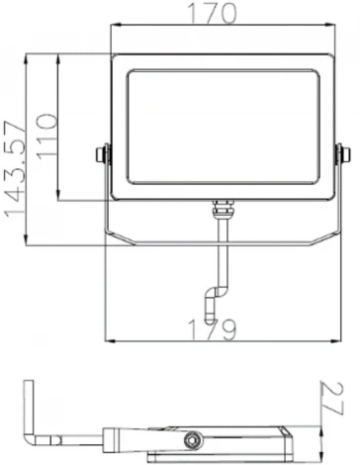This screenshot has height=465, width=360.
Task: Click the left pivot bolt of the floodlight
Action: click(x=102, y=154)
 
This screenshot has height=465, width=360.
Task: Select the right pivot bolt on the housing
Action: click(x=342, y=154)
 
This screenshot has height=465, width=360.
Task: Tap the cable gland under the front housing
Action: click(x=223, y=210)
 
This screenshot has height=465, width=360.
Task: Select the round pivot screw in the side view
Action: click(x=190, y=436)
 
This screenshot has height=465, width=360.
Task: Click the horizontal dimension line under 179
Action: click(x=223, y=341)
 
